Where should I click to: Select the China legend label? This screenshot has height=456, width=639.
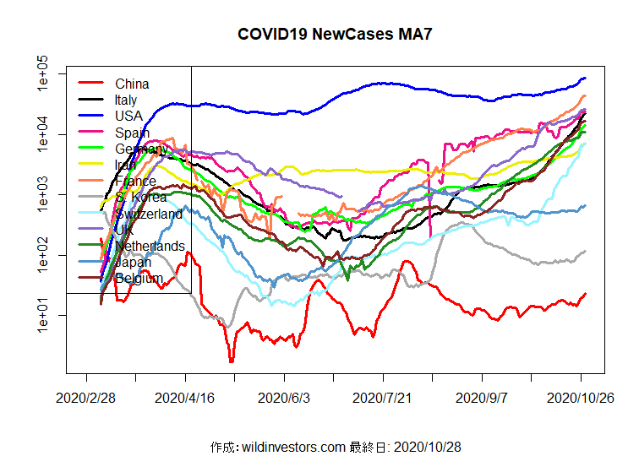132,84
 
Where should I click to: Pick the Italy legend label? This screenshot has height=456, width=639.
126,100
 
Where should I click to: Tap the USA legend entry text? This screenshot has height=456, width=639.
128,116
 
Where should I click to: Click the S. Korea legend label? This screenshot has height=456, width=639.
140,198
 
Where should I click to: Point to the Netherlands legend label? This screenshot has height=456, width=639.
150,246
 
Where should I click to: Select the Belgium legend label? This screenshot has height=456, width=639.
139,279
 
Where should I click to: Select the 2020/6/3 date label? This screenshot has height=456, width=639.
285,397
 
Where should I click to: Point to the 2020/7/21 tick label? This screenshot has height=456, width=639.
383,397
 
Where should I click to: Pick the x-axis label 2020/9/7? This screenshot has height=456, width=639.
482,397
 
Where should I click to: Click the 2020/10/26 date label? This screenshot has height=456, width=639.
580,397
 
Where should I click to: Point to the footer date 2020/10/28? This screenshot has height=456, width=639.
427,446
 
